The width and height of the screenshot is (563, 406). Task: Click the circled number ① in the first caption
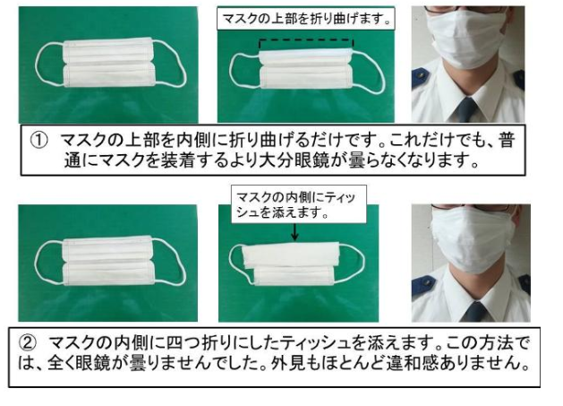pos(39,140)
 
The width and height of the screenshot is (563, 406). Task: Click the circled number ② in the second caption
pos(27,343)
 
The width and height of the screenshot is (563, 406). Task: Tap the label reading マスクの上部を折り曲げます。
pos(305,18)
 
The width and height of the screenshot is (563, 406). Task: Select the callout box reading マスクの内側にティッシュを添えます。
pos(299,204)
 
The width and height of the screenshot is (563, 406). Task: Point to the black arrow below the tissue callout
pos(294,232)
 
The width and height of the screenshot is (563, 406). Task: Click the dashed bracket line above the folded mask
pos(306,39)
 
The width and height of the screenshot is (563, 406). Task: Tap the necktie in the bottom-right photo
pos(474,311)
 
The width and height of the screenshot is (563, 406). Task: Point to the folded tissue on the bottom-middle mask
pos(291,255)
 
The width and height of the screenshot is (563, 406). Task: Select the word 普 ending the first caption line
pos(507,140)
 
